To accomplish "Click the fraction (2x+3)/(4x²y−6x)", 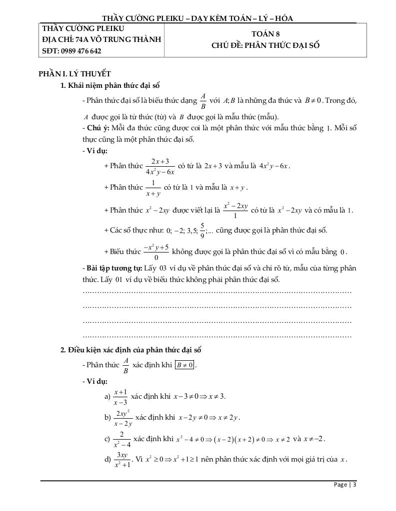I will pos(160,166).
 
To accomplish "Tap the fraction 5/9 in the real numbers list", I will pos(202,230).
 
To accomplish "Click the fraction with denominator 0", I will pos(156,252).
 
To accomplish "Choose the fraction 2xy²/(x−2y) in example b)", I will pos(123,418).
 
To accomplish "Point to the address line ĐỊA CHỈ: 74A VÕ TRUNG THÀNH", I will pos(102,39).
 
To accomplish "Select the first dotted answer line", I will pos(217,292).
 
